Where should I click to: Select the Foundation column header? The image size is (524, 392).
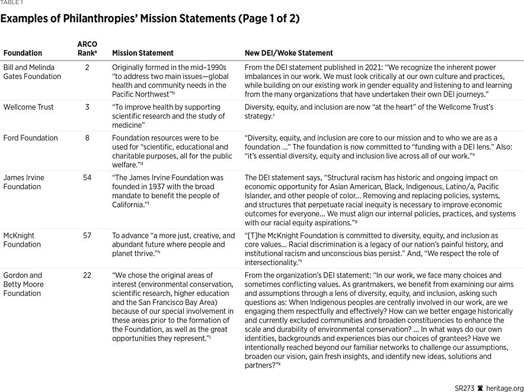[x=23, y=53]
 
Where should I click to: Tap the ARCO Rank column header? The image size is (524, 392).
[x=87, y=49]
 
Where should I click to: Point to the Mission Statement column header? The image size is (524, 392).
[x=143, y=53]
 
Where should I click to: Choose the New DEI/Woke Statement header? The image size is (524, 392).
[x=289, y=53]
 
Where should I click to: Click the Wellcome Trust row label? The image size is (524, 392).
[x=28, y=107]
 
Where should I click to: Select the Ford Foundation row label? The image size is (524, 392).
[x=30, y=138]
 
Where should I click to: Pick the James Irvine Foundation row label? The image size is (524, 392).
[x=24, y=182]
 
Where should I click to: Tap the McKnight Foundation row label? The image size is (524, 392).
[x=21, y=240]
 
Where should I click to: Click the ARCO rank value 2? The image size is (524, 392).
[x=87, y=68]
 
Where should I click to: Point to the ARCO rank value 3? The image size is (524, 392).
[x=87, y=107]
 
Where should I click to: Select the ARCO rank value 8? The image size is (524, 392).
[x=87, y=138]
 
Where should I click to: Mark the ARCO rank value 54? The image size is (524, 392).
[x=87, y=177]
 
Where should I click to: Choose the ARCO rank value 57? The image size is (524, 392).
[x=87, y=235]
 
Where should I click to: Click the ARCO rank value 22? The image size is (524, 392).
[x=87, y=275]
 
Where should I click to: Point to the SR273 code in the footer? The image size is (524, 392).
[x=465, y=388]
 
